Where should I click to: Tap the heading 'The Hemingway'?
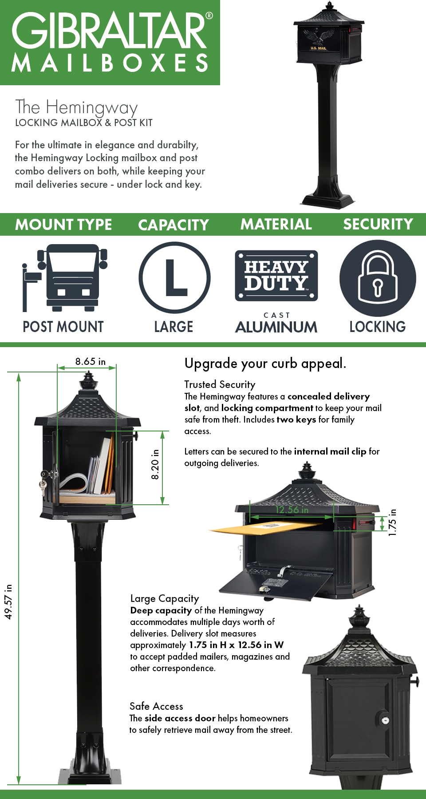[76, 107]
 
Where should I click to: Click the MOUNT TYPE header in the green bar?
[63, 225]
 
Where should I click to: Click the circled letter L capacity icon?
[174, 277]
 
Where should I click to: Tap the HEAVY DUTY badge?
[276, 276]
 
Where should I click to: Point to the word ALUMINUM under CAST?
[276, 328]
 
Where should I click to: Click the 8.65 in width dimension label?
[90, 361]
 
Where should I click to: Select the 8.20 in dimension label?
[155, 464]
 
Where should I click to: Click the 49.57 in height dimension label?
[8, 601]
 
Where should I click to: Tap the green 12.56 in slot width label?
[292, 510]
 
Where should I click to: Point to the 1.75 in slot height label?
[392, 522]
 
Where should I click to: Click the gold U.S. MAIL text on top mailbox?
[318, 48]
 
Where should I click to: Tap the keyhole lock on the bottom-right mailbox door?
[385, 720]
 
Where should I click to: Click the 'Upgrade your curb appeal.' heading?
[265, 364]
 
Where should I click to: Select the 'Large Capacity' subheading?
[164, 598]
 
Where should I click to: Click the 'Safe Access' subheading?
[156, 706]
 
